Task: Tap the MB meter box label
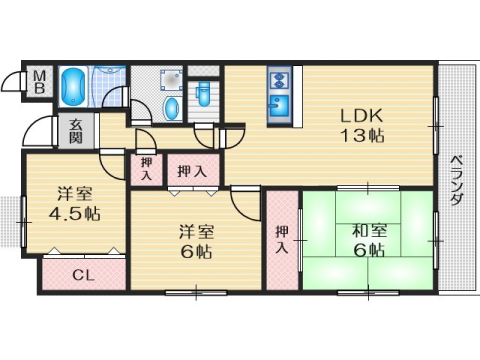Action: pyautogui.click(x=40, y=82)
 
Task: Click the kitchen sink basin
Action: pyautogui.click(x=278, y=104)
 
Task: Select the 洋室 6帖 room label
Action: pyautogui.click(x=196, y=241)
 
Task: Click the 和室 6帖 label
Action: pyautogui.click(x=368, y=240)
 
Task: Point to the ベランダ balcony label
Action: pyautogui.click(x=456, y=180)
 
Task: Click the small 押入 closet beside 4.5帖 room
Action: pyautogui.click(x=146, y=168)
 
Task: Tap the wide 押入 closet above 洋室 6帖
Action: pyautogui.click(x=192, y=171)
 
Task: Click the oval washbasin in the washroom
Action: pyautogui.click(x=170, y=107)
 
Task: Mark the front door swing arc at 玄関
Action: pyautogui.click(x=45, y=132)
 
